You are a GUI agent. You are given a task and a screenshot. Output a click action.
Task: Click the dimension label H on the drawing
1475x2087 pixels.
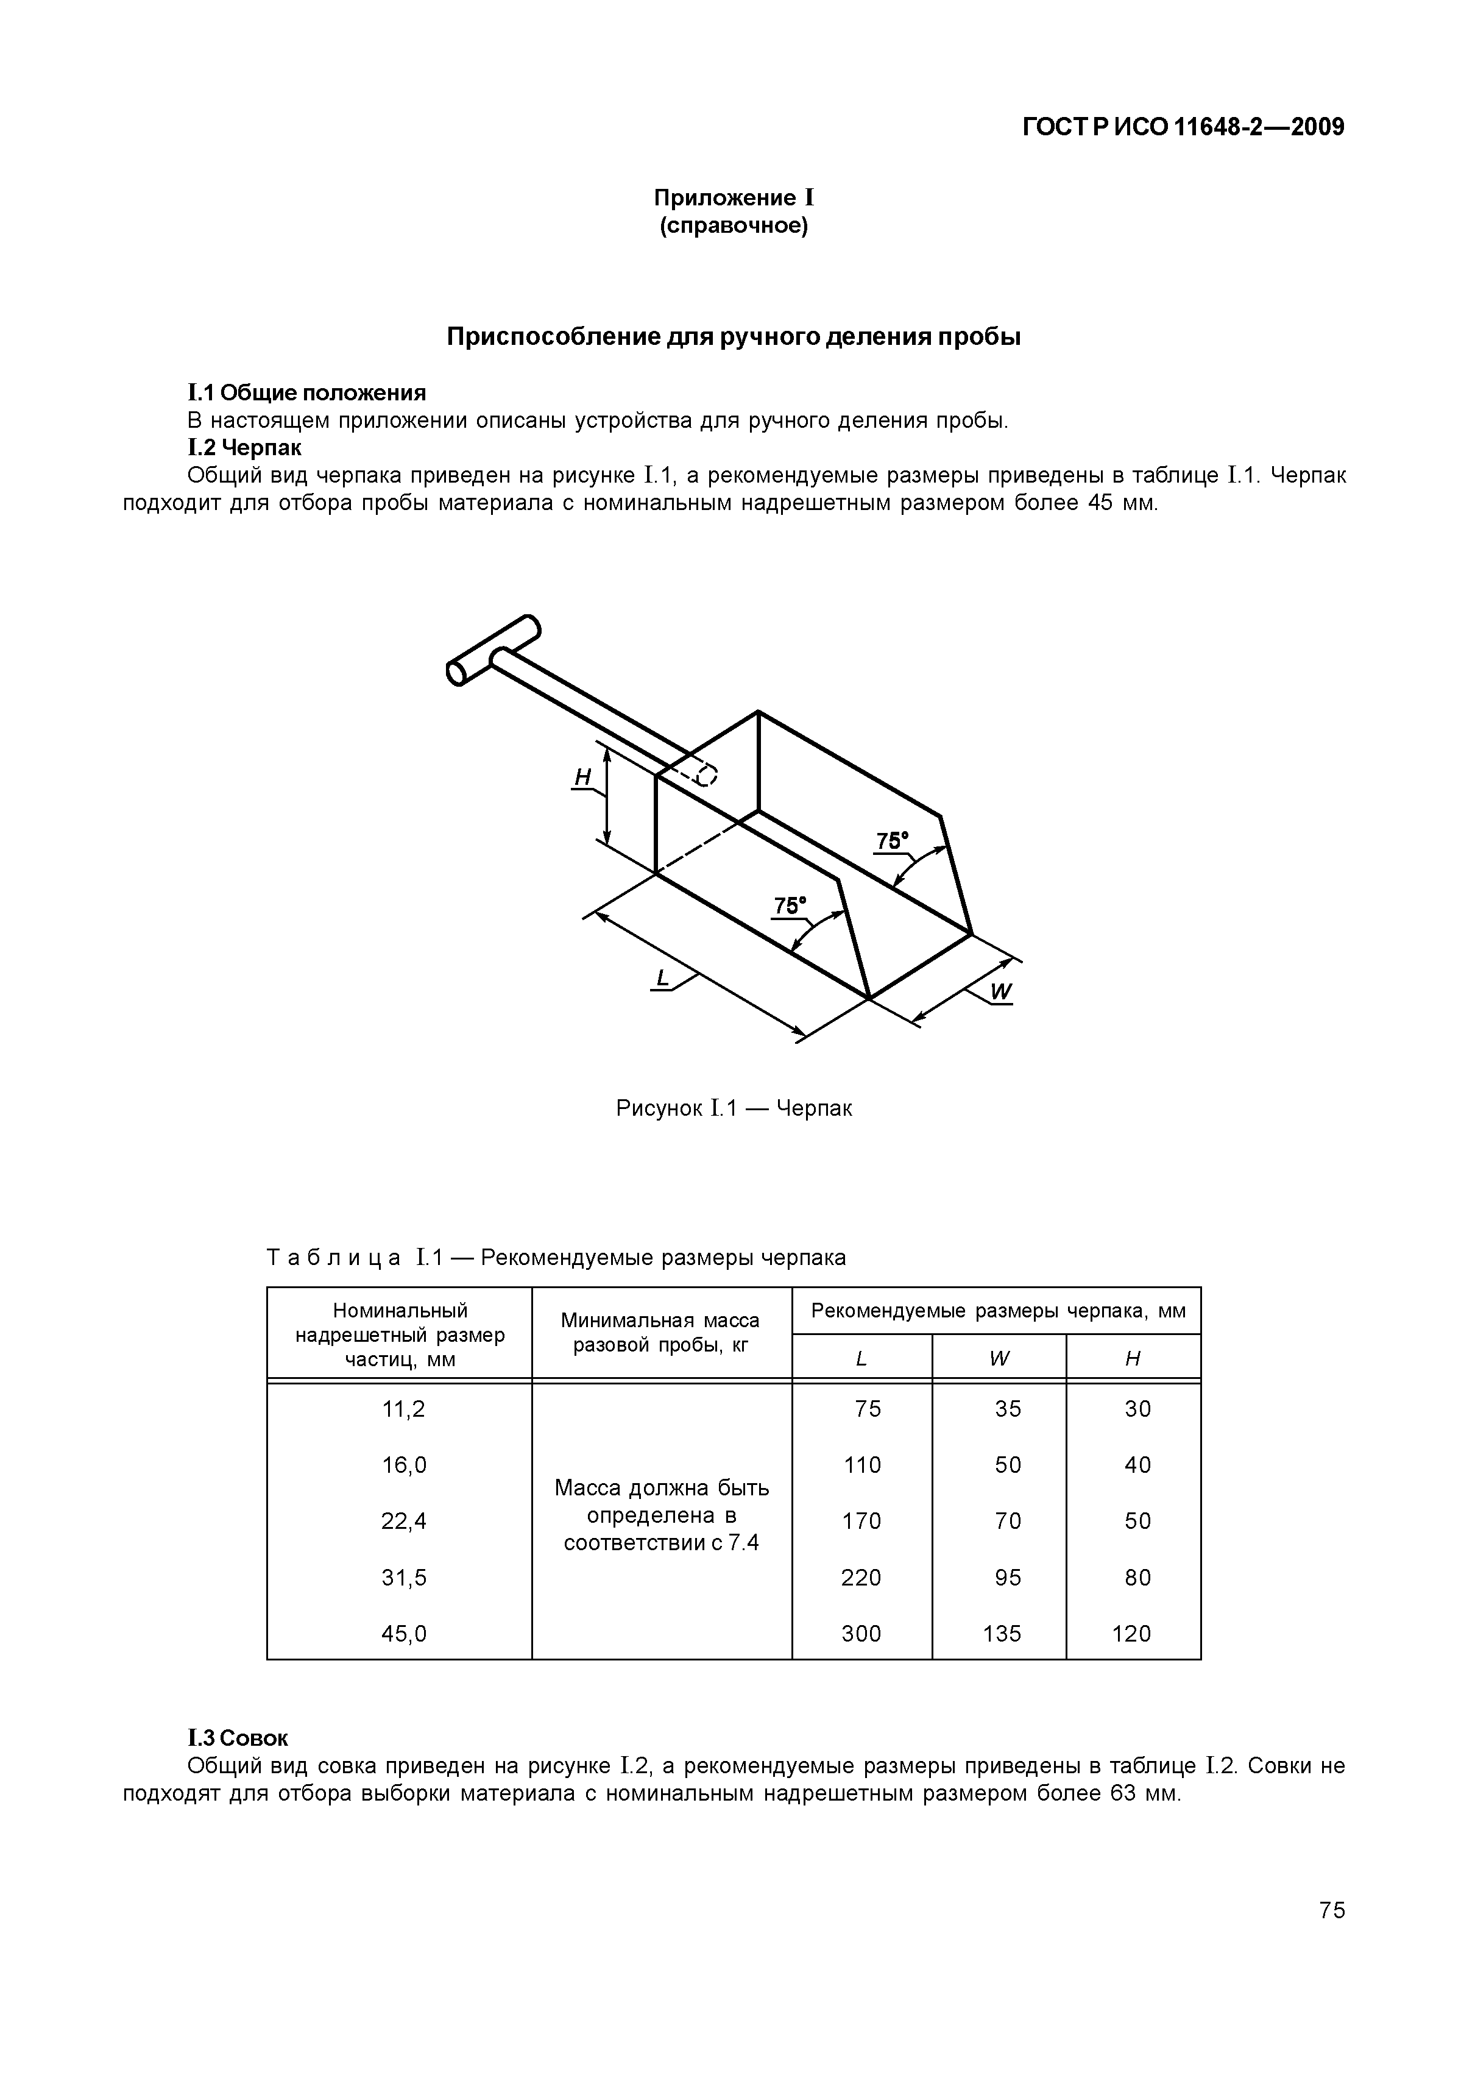point(582,776)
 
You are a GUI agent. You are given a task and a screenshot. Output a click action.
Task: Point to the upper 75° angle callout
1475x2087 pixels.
point(891,841)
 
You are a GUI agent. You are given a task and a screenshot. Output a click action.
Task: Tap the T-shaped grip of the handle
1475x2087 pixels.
point(493,650)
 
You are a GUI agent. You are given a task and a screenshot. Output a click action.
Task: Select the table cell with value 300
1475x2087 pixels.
point(861,1634)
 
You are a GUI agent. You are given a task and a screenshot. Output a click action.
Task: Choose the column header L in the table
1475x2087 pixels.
point(861,1359)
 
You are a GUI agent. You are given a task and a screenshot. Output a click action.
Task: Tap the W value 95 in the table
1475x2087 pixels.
point(1007,1577)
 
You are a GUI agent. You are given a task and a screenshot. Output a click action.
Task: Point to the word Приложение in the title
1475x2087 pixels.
point(724,197)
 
